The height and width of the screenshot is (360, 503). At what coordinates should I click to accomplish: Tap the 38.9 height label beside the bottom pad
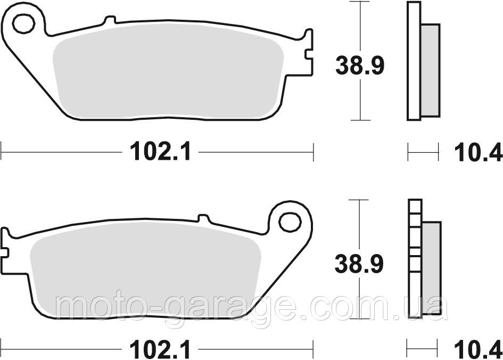pyautogui.click(x=359, y=263)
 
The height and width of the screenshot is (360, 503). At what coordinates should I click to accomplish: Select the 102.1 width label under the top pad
pyautogui.click(x=158, y=153)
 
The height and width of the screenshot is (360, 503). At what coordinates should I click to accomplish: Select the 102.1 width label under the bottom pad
pyautogui.click(x=158, y=350)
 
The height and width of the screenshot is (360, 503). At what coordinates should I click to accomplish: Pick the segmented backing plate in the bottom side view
pyautogui.click(x=414, y=258)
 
